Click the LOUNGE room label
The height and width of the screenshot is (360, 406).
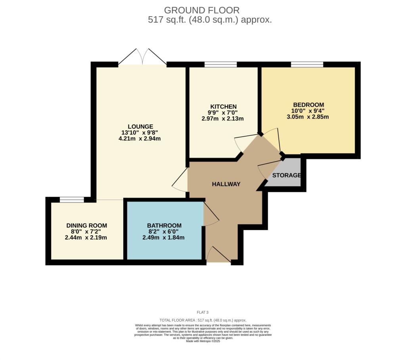coord(140,126)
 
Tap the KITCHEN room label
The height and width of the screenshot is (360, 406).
coord(223,107)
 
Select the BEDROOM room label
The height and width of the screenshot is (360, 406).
coord(308,105)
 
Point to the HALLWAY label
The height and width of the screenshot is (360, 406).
coord(226,184)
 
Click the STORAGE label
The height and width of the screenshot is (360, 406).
coord(286,175)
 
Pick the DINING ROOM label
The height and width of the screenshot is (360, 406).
coord(86,225)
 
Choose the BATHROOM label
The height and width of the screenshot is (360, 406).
coord(164,225)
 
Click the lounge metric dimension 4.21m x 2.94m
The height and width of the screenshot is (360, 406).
coord(140,139)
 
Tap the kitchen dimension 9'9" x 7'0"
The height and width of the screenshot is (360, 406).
coord(223,113)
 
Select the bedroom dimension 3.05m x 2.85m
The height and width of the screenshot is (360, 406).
coord(308,117)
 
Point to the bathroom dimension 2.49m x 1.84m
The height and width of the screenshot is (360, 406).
coord(163,237)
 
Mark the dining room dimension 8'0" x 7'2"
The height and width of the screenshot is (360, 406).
coord(86,231)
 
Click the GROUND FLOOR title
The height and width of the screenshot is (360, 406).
coord(202,10)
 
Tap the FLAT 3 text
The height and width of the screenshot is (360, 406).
coord(203,312)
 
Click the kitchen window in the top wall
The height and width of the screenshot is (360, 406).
coord(220,65)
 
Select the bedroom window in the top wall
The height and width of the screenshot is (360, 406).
coord(307,65)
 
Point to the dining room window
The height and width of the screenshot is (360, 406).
coord(72,200)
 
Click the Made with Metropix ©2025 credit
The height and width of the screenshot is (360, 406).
coord(203,341)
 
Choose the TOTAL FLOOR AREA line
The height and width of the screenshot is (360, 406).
coord(203,320)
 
